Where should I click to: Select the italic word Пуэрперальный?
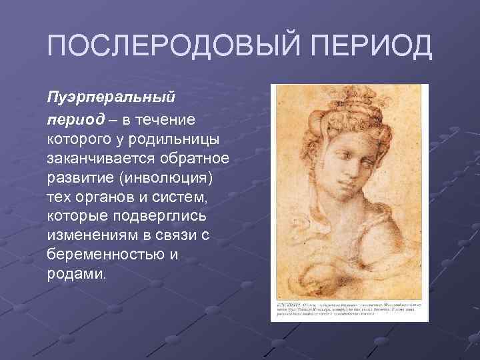[111, 97]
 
